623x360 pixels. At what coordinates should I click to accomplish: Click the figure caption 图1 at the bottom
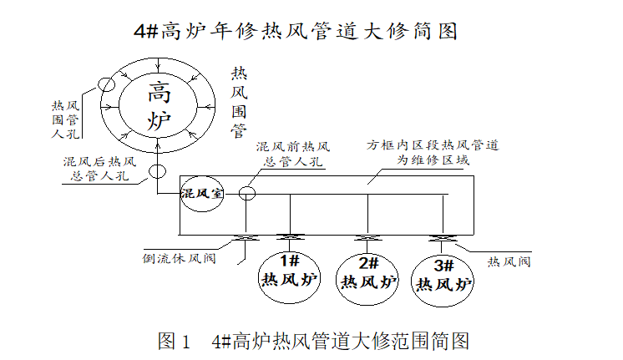(x=312, y=341)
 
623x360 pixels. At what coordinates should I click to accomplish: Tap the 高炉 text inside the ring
(x=157, y=104)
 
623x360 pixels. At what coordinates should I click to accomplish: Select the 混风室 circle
(x=203, y=194)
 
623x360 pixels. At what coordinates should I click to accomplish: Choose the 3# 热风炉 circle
(x=443, y=276)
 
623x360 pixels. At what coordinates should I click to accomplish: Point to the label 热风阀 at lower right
(x=510, y=261)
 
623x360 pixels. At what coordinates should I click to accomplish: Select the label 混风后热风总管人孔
(x=98, y=168)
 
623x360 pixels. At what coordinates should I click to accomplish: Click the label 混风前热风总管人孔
(x=293, y=155)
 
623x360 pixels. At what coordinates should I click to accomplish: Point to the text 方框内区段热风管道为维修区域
(x=433, y=152)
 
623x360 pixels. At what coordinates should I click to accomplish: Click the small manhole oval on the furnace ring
(x=107, y=84)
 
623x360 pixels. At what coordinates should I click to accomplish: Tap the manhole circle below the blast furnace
(x=157, y=173)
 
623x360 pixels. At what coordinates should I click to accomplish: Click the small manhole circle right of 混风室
(x=247, y=194)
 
